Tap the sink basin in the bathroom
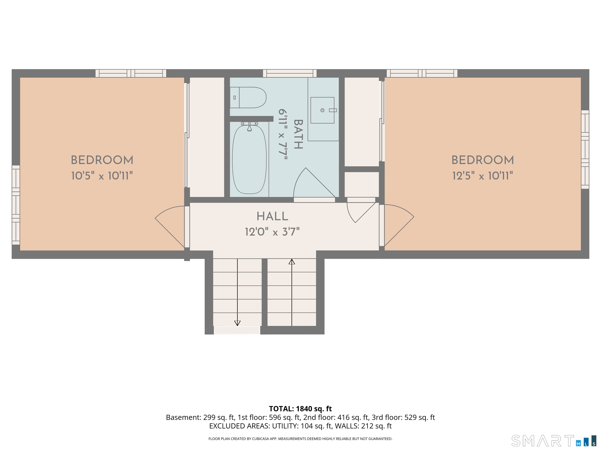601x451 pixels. [x=322, y=110]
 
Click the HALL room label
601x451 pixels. [x=272, y=216]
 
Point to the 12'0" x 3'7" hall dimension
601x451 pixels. [x=272, y=232]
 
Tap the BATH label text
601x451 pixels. [x=298, y=134]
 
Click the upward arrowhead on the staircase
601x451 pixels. [x=292, y=262]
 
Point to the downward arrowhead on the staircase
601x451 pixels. [x=237, y=323]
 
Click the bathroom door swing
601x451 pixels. [x=310, y=185]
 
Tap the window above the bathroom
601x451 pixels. [x=290, y=73]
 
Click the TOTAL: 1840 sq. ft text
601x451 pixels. [x=300, y=409]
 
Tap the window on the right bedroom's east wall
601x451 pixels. [x=585, y=150]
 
